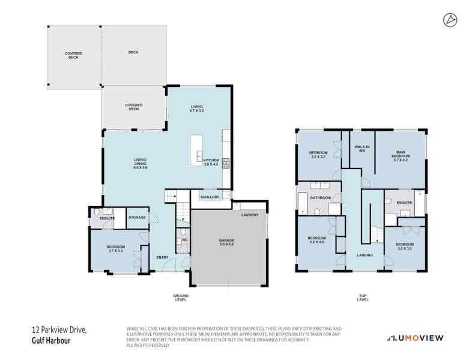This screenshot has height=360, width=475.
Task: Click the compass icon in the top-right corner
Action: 449,20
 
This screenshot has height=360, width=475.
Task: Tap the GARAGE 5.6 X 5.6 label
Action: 226,244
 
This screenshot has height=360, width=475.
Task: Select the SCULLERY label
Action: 210,197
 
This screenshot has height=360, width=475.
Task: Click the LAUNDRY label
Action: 249,215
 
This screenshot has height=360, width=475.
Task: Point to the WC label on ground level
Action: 184,239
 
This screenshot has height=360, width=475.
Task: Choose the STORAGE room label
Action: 137,217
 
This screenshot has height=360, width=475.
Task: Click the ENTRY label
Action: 163,257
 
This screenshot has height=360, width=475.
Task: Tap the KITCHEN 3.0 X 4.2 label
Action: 211,163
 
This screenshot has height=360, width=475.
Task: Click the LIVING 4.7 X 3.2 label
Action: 197,109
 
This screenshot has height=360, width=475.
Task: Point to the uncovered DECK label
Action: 133,53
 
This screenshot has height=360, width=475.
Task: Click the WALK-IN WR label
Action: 362,149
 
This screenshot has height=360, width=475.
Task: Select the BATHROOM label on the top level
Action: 321,197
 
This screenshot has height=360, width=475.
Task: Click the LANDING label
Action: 365,255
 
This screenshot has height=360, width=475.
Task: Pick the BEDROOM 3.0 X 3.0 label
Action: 404,247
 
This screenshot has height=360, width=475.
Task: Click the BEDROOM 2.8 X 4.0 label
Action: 316,240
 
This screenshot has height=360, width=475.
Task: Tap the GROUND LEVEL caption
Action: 180,298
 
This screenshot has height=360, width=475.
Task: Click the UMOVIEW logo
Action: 414,338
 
